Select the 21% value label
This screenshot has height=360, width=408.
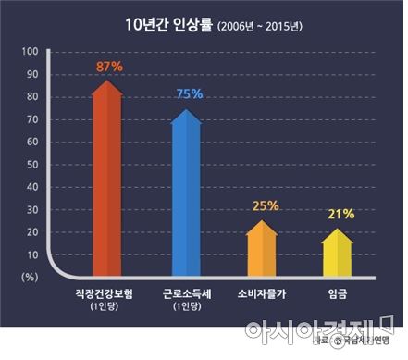[341, 214]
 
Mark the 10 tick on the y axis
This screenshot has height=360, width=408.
[32, 254]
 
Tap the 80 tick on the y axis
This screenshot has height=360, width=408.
[32, 97]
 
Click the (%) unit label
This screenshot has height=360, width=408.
[30, 277]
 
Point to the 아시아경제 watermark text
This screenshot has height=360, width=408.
[306, 330]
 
